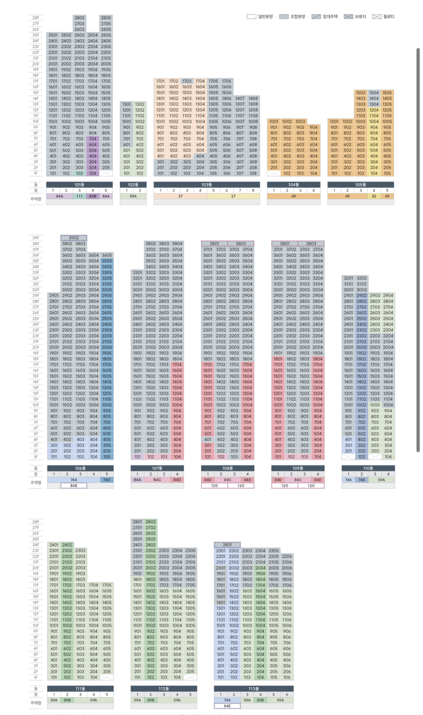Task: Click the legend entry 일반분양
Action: point(260,17)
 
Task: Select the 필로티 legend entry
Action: point(384,17)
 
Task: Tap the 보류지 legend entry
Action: point(355,17)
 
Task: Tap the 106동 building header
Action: point(80,468)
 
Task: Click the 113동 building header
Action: point(253,689)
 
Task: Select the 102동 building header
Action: point(133,185)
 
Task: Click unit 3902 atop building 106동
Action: point(74,238)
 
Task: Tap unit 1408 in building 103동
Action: point(253,98)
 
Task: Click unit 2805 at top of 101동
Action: point(106,18)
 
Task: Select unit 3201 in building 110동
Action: point(349,278)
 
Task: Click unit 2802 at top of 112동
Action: point(151,522)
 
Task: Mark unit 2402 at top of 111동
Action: point(67,545)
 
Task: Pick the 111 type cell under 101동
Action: point(80,196)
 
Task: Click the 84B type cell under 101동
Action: point(93,196)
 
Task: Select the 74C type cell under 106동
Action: point(107,480)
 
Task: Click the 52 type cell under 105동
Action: point(374,196)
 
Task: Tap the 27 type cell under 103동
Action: point(233,196)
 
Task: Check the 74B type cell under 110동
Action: point(362,480)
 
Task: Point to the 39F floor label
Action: point(35,238)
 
